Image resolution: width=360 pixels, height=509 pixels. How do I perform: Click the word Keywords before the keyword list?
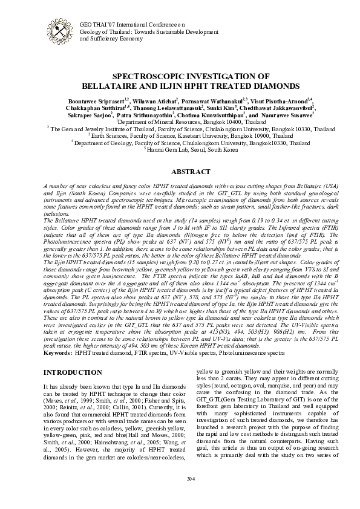pos(58,351)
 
